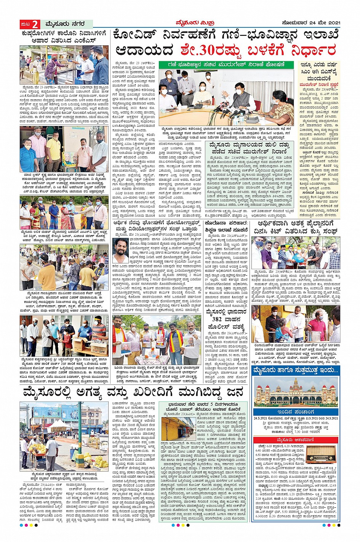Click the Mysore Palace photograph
[x=296, y=392]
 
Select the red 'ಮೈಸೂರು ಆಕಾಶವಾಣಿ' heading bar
[x=296, y=440]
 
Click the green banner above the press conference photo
[x=227, y=65]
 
